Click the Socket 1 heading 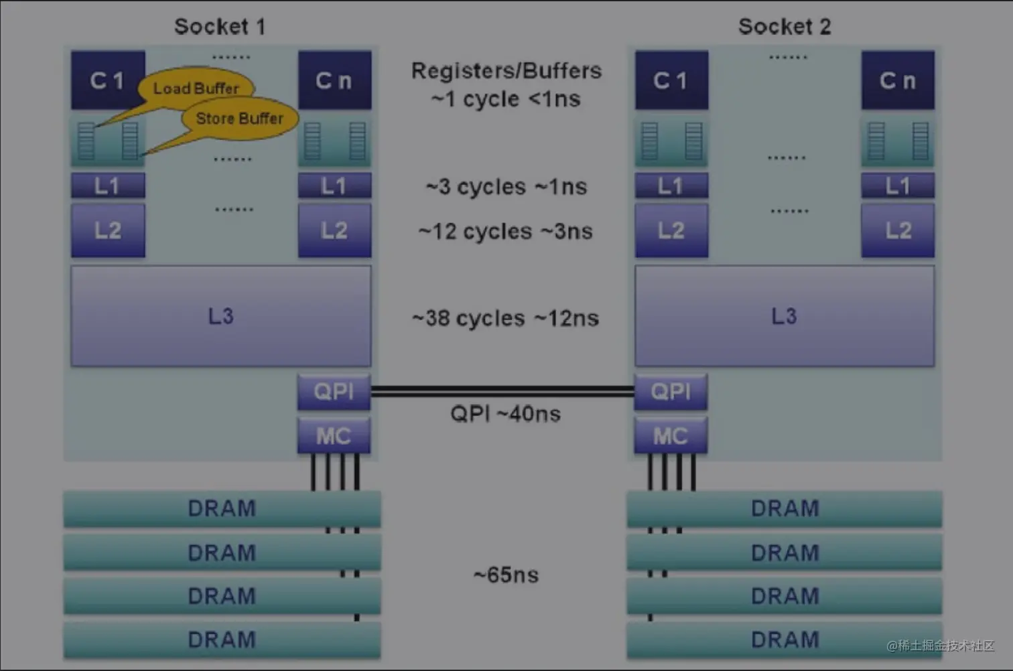pyautogui.click(x=220, y=27)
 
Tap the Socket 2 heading pyautogui.click(x=785, y=27)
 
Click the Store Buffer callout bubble pyautogui.click(x=239, y=119)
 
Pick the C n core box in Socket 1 pyautogui.click(x=334, y=80)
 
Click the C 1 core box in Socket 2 pyautogui.click(x=671, y=80)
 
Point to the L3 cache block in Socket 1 pyautogui.click(x=220, y=316)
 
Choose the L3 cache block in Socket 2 pyautogui.click(x=785, y=316)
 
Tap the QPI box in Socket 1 pyautogui.click(x=334, y=392)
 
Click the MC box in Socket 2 pyautogui.click(x=671, y=436)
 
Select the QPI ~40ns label pyautogui.click(x=505, y=414)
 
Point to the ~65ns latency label pyautogui.click(x=506, y=575)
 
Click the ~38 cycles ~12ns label pyautogui.click(x=505, y=318)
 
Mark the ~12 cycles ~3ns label pyautogui.click(x=505, y=232)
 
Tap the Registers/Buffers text pyautogui.click(x=506, y=71)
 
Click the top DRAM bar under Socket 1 pyautogui.click(x=222, y=509)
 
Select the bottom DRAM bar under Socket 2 pyautogui.click(x=785, y=640)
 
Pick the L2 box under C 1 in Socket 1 pyautogui.click(x=108, y=230)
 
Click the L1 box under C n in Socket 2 pyautogui.click(x=898, y=185)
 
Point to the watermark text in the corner pyautogui.click(x=941, y=646)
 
